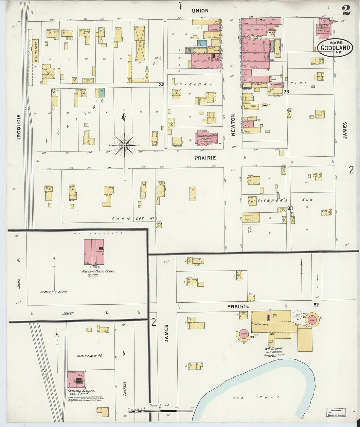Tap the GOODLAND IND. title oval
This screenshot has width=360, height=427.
(x=335, y=48)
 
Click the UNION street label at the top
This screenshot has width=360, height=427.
(x=200, y=11)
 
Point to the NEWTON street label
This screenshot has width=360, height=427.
(x=233, y=125)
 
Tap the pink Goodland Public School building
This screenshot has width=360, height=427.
(x=94, y=252)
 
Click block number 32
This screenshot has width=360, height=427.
(x=161, y=84)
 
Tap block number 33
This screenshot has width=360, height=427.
(x=286, y=92)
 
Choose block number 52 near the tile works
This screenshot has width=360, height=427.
(x=316, y=305)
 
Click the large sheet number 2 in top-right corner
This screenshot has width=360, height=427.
(x=346, y=10)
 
